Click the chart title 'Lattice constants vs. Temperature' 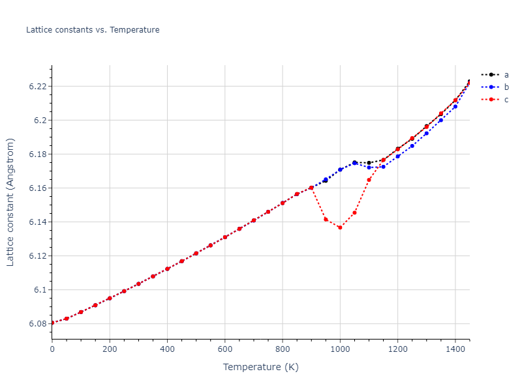click(x=93, y=30)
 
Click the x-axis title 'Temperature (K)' click(x=260, y=367)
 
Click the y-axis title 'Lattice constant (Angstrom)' click(x=10, y=202)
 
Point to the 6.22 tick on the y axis click(x=37, y=87)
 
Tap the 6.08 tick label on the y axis click(x=37, y=324)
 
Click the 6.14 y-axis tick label click(x=37, y=222)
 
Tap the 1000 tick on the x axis click(x=340, y=349)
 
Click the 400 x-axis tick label click(x=167, y=349)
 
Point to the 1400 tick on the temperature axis click(x=455, y=349)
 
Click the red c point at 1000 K click(x=340, y=227)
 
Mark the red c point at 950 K click(x=326, y=219)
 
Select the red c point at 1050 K click(x=354, y=212)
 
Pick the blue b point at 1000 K click(x=340, y=169)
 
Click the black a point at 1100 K click(x=369, y=163)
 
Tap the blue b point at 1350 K click(x=440, y=120)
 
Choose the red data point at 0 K click(x=52, y=323)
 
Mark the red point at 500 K click(x=196, y=253)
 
